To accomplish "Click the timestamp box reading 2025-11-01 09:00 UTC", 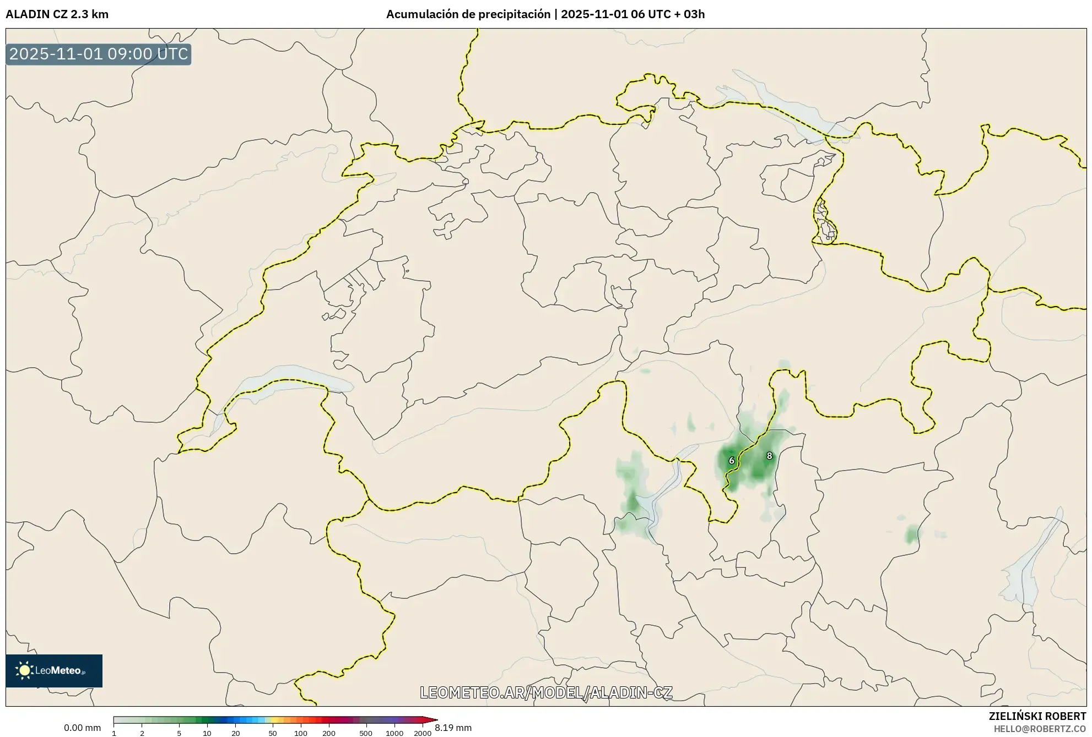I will click(x=99, y=54).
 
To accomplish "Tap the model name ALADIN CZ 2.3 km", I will click(x=57, y=14).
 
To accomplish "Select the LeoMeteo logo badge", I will click(x=54, y=670).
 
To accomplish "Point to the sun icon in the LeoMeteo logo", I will click(x=24, y=670).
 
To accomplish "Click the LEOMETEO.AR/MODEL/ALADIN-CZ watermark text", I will click(x=546, y=692).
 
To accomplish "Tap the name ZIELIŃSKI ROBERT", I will click(x=1037, y=717).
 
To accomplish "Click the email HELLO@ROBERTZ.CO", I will click(x=1040, y=729).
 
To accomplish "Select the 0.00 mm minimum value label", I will click(x=82, y=728).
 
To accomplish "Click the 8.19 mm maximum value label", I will click(x=453, y=728).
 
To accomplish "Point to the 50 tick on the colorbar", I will click(x=273, y=733).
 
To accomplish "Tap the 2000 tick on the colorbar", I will click(x=423, y=733).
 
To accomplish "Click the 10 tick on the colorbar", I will click(x=207, y=733).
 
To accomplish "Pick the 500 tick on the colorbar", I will click(x=366, y=733).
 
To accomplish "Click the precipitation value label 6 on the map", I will click(x=732, y=461).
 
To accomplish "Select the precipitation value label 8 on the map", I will click(x=770, y=456).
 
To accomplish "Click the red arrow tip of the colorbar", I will click(x=435, y=720).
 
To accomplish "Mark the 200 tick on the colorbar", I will click(x=329, y=733).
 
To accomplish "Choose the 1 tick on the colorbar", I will click(x=114, y=733).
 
